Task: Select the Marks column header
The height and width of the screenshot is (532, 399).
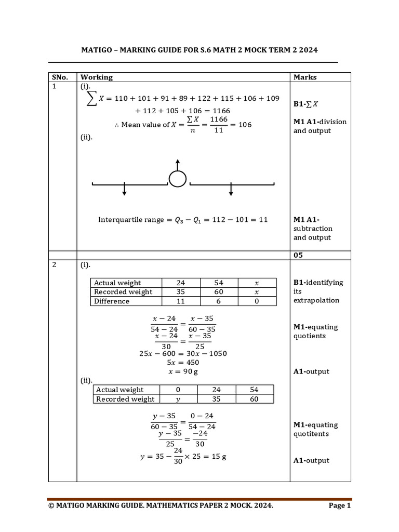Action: [305, 77]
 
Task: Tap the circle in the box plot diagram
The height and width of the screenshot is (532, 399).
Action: [177, 179]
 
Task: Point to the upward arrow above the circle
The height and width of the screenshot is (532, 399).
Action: [177, 164]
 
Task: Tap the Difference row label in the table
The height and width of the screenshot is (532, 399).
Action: [112, 301]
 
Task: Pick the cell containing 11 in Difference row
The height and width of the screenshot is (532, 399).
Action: [180, 301]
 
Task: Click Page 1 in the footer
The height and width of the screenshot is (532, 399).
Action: [340, 506]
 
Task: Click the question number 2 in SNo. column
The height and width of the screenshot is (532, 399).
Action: [54, 265]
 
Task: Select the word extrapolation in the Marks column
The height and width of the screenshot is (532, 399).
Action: [316, 300]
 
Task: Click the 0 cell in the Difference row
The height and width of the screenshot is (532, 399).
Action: [257, 301]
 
